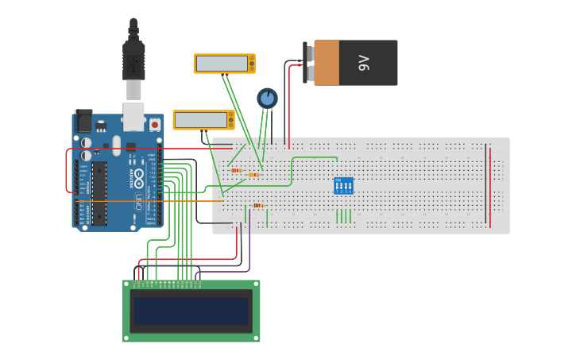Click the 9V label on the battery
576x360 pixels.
[365, 63]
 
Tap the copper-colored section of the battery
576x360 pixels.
[326, 63]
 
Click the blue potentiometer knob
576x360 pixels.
[267, 99]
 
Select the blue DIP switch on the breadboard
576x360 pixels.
[343, 185]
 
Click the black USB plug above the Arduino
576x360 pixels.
[133, 59]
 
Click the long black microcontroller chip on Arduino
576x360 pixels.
[99, 194]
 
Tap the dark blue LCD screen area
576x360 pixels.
[191, 311]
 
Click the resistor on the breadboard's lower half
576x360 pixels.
[257, 205]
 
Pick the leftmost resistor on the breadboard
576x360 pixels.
[235, 170]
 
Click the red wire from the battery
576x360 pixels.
[289, 103]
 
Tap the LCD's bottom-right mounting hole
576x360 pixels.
[255, 338]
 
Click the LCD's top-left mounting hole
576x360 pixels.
[127, 284]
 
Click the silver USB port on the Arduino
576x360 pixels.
[133, 116]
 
